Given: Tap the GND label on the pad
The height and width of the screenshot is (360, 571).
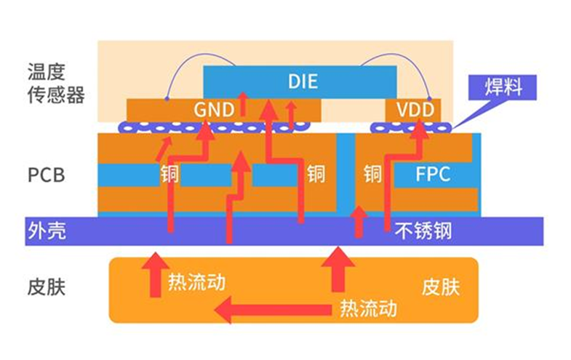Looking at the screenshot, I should click(213, 110).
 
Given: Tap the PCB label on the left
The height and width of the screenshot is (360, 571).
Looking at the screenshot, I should click(47, 175).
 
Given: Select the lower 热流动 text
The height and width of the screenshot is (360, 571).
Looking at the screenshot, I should click(368, 308).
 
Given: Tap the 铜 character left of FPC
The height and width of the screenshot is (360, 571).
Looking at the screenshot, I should click(372, 175).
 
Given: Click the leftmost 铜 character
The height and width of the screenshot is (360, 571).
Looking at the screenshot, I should click(169, 175).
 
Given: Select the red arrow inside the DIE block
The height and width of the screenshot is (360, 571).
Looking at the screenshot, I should click(243, 102).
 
